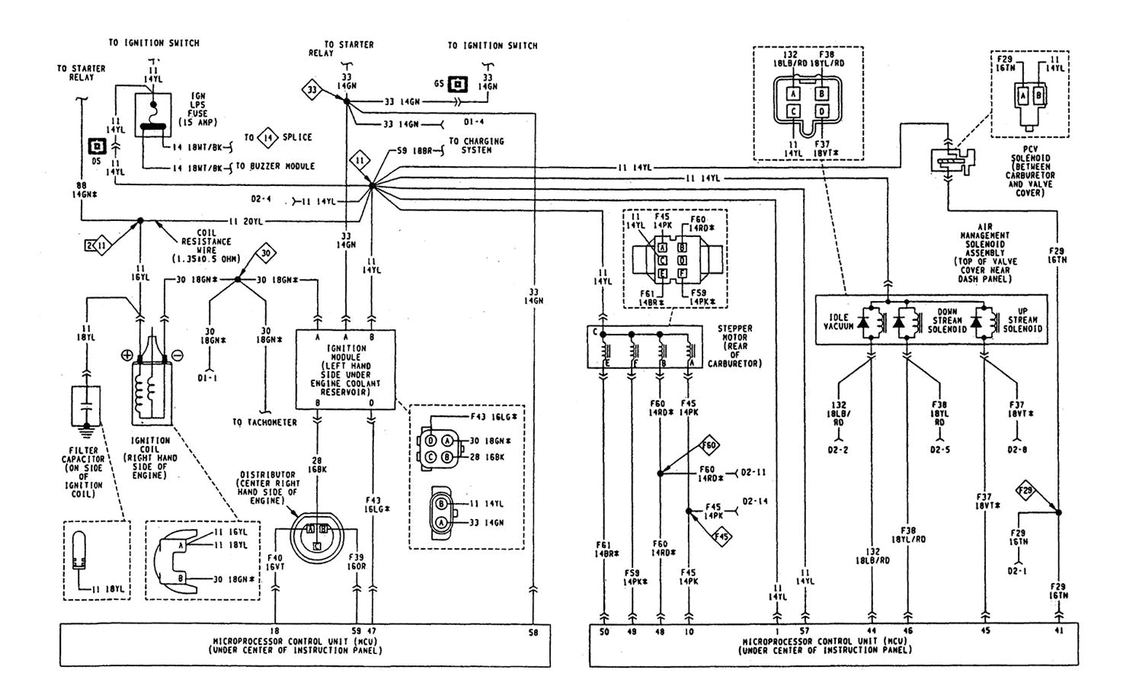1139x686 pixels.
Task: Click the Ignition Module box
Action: [345, 370]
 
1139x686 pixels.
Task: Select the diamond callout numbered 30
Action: [264, 253]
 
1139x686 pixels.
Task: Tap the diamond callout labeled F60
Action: [709, 444]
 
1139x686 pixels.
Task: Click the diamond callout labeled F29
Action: [1025, 491]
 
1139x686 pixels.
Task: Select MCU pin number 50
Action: [604, 632]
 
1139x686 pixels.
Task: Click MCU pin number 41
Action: [1058, 632]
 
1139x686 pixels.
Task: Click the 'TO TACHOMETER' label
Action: [264, 422]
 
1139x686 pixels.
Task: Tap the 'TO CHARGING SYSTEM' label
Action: [475, 146]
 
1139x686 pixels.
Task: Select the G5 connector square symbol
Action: [458, 83]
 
